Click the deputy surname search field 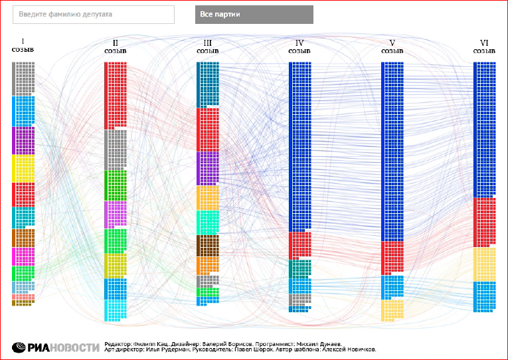tap(94, 15)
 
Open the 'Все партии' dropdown tap(254, 15)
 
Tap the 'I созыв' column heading tap(23, 45)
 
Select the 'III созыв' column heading tap(207, 46)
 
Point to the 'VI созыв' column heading tap(484, 46)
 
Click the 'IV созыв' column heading tap(299, 46)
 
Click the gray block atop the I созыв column tap(23, 78)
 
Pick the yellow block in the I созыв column tap(23, 169)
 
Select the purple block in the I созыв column tap(23, 140)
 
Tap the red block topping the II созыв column tap(115, 95)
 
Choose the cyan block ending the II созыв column tap(115, 310)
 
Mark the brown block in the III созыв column tap(207, 246)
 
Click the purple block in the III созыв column tap(207, 167)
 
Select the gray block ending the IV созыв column tap(299, 302)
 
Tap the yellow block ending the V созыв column tap(392, 310)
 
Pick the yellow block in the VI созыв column tap(484, 264)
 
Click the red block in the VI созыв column tap(484, 222)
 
